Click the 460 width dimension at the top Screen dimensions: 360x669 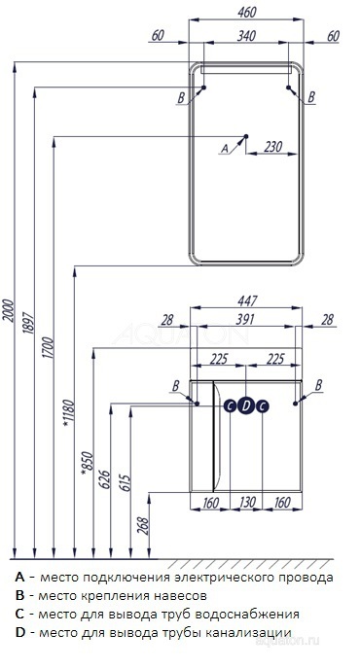(x=247, y=13)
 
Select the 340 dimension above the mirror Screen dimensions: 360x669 (x=246, y=36)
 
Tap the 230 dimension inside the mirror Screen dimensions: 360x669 (x=272, y=146)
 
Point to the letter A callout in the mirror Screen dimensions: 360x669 (x=225, y=148)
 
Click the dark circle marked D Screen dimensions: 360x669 (x=245, y=406)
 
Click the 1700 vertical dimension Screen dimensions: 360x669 (x=49, y=347)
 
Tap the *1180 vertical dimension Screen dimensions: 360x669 (x=69, y=412)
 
